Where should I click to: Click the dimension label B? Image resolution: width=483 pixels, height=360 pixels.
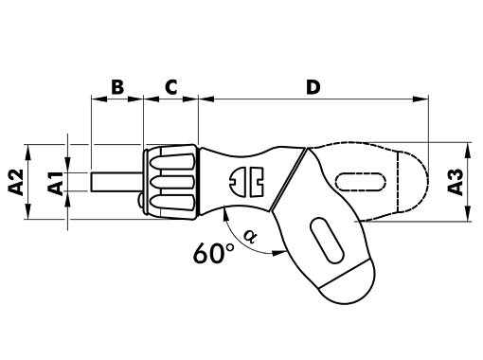[x=117, y=87]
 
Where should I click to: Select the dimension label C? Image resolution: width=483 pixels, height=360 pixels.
[x=171, y=87]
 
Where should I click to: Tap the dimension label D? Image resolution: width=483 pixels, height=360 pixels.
[x=313, y=87]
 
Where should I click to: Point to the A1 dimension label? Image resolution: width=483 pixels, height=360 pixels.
[x=56, y=183]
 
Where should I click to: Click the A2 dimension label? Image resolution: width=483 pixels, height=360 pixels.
[x=16, y=182]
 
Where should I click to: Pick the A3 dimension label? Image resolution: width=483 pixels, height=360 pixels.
[x=456, y=182]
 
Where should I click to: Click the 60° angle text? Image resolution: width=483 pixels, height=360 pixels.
[x=214, y=254]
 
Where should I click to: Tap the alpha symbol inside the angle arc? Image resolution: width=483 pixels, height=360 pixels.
[x=251, y=237]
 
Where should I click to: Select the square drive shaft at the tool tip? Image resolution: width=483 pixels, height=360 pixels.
[x=116, y=182]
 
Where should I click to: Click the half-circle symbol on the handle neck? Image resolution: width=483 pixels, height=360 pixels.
[x=238, y=182]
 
